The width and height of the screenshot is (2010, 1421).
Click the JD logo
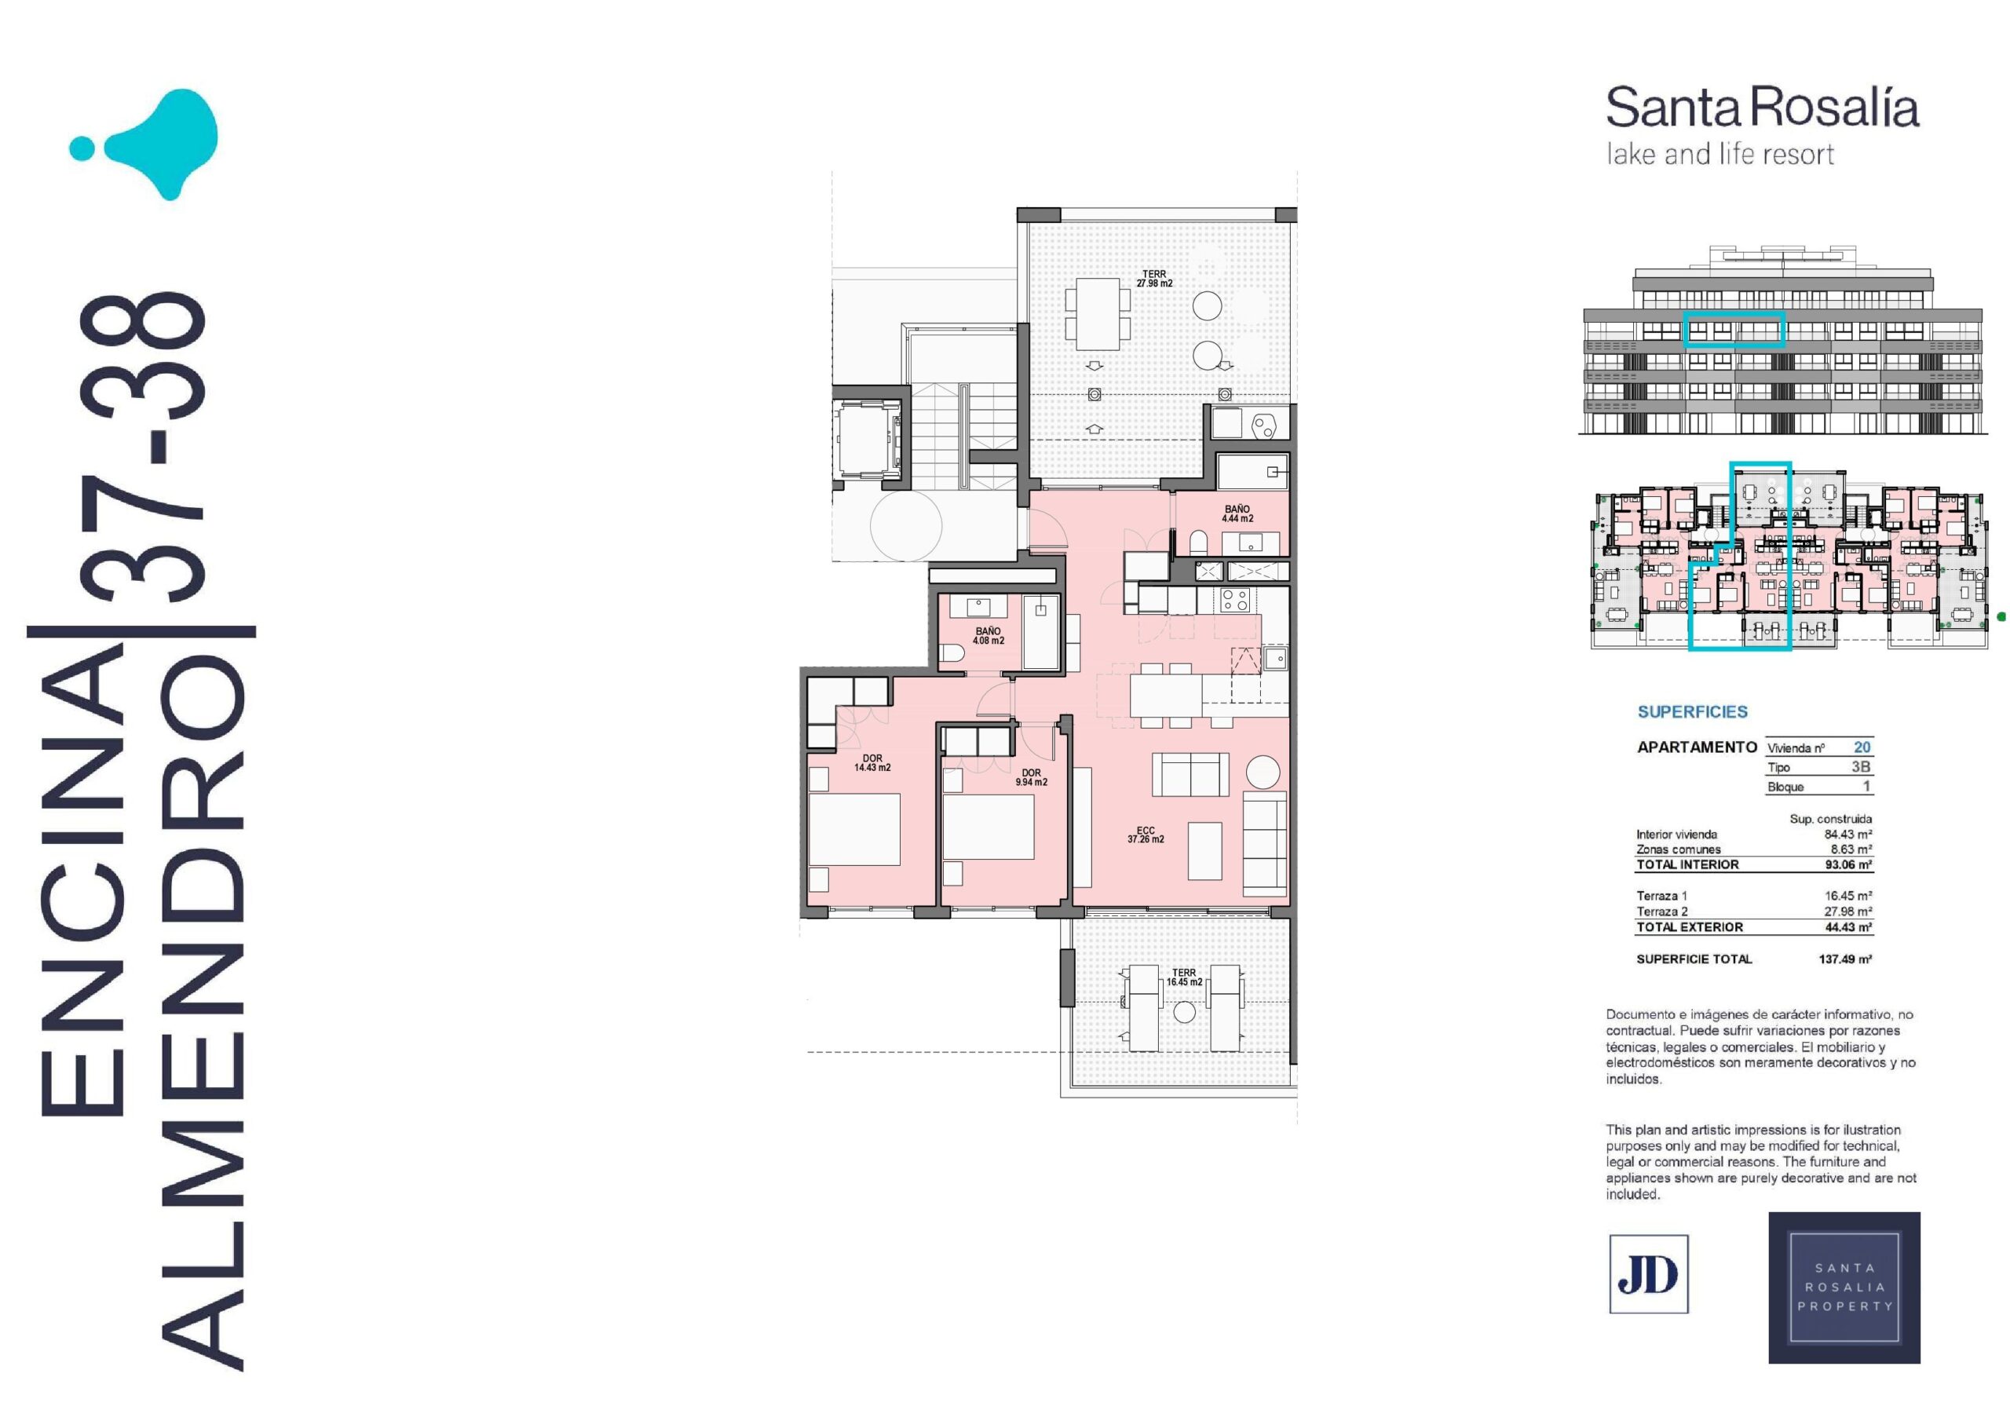(1649, 1274)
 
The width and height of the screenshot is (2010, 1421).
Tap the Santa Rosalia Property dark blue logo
(1844, 1287)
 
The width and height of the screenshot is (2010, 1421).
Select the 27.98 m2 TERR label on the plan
(1154, 279)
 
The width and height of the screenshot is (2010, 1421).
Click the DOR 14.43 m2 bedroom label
(872, 762)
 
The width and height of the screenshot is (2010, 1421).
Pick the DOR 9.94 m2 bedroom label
(1031, 777)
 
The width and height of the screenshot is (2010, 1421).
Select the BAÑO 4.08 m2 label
(989, 636)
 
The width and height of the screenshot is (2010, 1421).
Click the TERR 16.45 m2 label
(1183, 977)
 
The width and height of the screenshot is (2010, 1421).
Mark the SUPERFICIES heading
(1692, 712)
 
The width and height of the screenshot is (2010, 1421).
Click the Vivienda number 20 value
(1862, 747)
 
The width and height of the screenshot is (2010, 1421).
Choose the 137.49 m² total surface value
(1845, 959)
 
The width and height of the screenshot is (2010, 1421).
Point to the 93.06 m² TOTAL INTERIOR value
(1848, 864)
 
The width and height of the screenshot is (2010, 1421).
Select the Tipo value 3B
(1861, 766)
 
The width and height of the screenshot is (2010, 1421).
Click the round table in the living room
(1263, 773)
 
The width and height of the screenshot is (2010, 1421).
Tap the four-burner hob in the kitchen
(1234, 600)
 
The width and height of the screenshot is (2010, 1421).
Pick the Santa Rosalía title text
(1762, 108)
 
